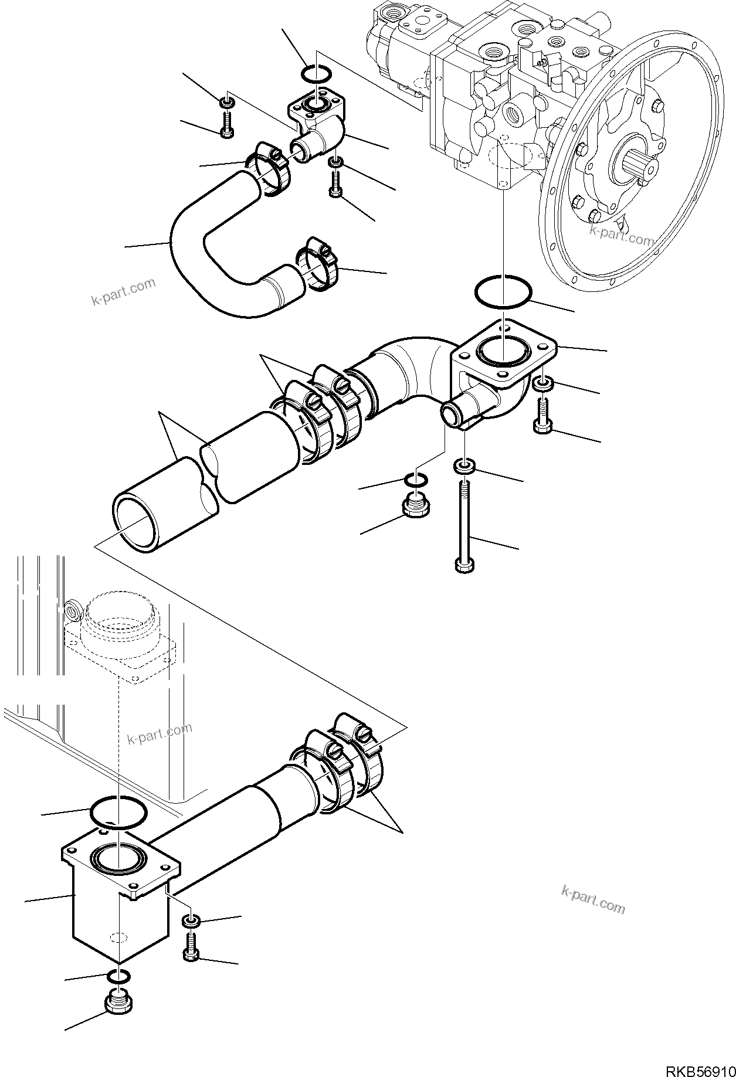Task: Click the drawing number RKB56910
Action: (x=697, y=1065)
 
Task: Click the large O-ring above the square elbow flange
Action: (x=503, y=291)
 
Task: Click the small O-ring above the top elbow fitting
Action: (x=317, y=75)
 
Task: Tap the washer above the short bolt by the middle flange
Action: (x=542, y=385)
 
